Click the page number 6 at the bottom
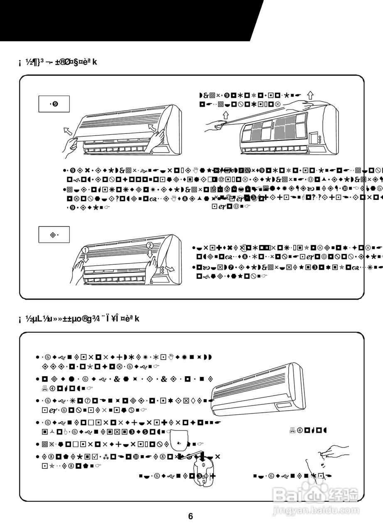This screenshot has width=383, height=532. point(191,517)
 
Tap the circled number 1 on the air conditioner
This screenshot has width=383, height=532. point(85,250)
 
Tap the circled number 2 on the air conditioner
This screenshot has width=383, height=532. point(150,246)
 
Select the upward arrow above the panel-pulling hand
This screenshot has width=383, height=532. point(226,115)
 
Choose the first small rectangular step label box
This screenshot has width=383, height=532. point(54,104)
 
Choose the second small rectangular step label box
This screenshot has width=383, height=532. point(54,235)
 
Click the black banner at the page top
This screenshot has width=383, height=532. point(125,20)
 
